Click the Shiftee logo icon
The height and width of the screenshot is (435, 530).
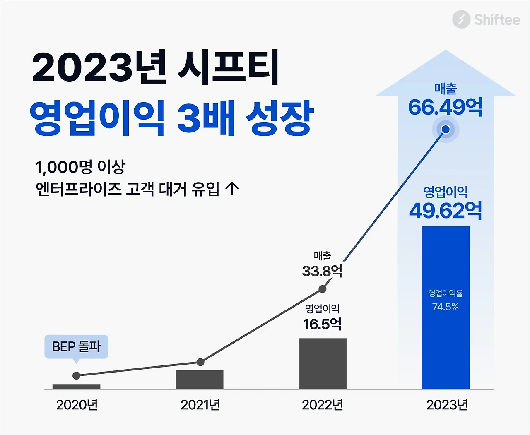click(x=461, y=19)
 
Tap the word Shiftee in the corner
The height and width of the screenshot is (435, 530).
click(x=496, y=19)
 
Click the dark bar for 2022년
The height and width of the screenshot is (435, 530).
click(x=323, y=364)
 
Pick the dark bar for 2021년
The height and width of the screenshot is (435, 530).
click(x=199, y=380)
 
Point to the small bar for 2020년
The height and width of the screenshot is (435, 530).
click(x=76, y=387)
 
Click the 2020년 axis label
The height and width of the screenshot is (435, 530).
click(x=77, y=405)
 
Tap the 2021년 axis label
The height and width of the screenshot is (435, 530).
click(x=200, y=405)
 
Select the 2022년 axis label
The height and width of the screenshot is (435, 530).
click(x=323, y=405)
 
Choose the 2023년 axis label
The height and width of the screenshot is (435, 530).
click(x=447, y=405)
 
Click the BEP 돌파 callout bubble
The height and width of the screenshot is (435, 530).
click(x=76, y=346)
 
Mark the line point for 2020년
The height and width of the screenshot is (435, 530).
click(x=76, y=375)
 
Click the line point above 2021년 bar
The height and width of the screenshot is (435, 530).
click(x=200, y=362)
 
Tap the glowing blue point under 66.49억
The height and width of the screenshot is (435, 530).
click(x=446, y=130)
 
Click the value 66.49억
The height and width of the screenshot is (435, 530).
click(x=445, y=107)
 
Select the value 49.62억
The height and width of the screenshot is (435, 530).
click(x=446, y=211)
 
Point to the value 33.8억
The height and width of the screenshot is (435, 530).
click(x=323, y=271)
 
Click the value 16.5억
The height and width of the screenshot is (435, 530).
click(x=323, y=324)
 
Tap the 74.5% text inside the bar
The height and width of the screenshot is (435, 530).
click(x=446, y=307)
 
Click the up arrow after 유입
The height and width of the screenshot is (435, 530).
click(x=232, y=189)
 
